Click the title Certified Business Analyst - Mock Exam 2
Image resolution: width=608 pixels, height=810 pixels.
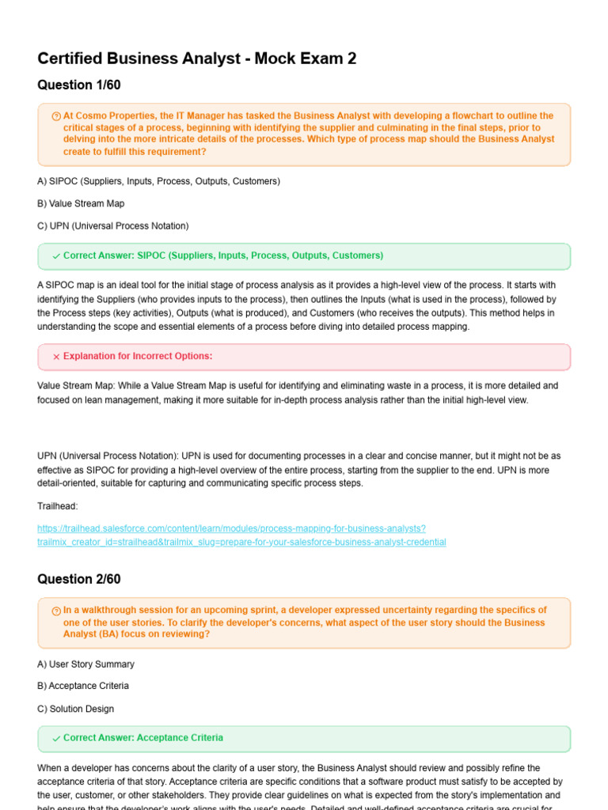pos(197,59)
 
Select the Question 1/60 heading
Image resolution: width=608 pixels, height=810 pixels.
pos(79,85)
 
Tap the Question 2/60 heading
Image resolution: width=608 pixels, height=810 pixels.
pos(79,579)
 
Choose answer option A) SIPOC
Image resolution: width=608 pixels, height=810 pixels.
pos(158,181)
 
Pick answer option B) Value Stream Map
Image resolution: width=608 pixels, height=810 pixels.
pos(81,203)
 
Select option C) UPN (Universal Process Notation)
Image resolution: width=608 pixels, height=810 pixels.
pos(112,226)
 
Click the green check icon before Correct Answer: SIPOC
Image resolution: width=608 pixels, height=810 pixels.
pos(56,256)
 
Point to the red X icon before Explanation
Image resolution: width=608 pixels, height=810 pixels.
pos(56,357)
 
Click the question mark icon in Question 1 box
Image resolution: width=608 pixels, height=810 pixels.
pos(56,116)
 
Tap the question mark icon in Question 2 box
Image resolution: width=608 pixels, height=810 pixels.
pos(56,611)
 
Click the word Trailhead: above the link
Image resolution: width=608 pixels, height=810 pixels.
pos(58,505)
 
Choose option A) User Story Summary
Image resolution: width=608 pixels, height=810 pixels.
pos(85,664)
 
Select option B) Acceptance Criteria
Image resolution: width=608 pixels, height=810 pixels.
pos(83,686)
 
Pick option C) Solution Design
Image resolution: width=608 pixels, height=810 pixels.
pos(76,709)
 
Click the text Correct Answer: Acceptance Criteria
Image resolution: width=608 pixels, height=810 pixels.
pos(142,738)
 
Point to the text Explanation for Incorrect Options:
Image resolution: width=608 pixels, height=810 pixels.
pos(137,357)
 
